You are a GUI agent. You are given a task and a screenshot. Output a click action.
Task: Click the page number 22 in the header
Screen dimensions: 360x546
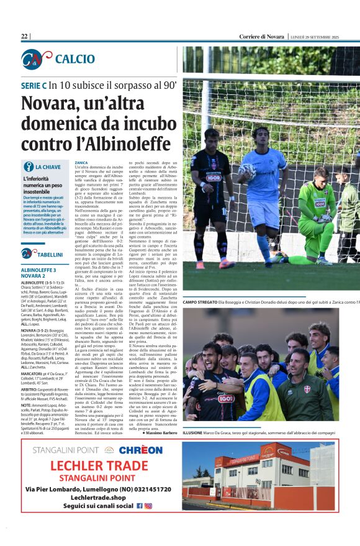(24, 37)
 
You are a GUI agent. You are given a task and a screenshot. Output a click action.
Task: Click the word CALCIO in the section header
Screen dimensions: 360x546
(74, 59)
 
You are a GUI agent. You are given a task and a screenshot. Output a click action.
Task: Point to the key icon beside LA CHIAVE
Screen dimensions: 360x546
(28, 166)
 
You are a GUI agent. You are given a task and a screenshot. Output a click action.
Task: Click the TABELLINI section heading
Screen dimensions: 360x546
(50, 254)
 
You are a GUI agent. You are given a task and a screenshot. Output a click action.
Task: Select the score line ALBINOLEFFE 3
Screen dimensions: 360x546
(38, 270)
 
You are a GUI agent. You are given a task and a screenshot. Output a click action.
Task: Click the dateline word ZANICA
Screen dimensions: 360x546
(81, 162)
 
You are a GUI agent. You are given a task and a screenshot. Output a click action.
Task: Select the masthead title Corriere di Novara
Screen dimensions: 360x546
(263, 37)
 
